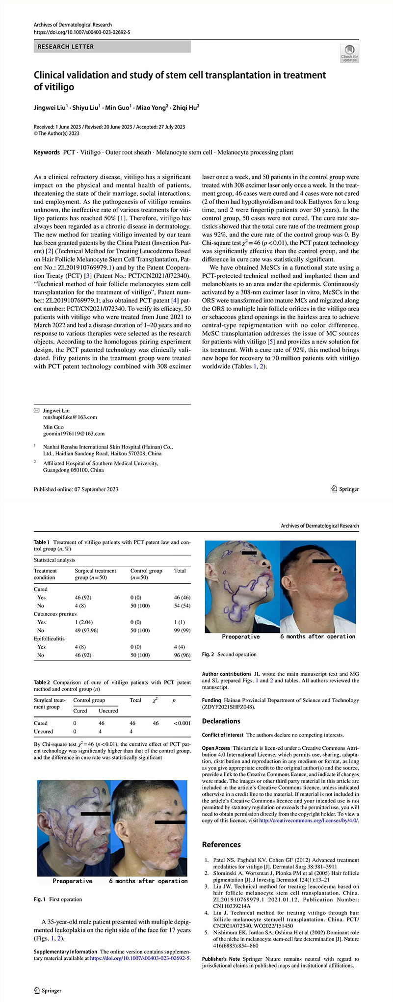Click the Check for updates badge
point(349,53)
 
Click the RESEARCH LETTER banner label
point(66,47)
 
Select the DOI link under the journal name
point(82,32)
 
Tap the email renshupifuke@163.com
point(70,417)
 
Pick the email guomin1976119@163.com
point(74,434)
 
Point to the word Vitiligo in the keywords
point(90,152)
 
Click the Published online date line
point(76,489)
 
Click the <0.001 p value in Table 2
point(182,723)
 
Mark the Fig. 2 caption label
point(209,655)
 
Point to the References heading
point(221,844)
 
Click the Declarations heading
point(221,721)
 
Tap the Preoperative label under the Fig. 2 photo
point(240,636)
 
